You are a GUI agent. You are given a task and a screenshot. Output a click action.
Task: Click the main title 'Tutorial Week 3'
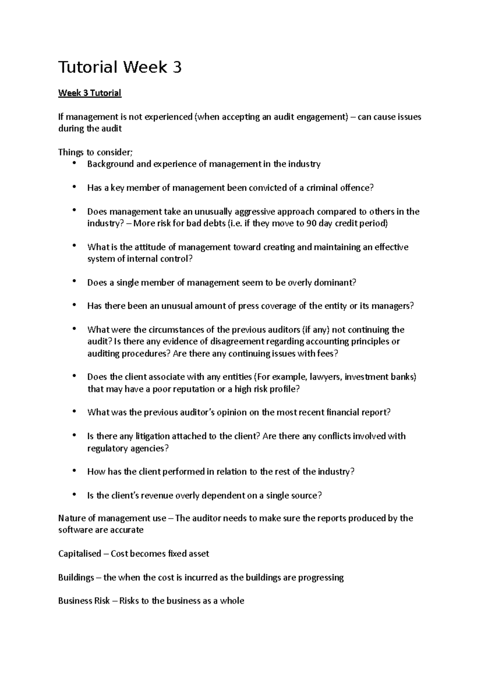click(120, 67)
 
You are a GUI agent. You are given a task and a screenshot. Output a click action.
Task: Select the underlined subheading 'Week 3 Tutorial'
click(89, 93)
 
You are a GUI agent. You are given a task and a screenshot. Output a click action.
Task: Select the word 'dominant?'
click(336, 283)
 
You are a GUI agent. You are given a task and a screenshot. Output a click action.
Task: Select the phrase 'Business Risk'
click(84, 601)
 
